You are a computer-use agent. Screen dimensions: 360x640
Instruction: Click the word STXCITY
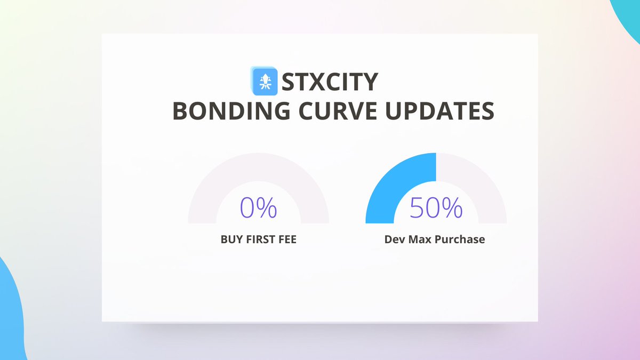coord(330,82)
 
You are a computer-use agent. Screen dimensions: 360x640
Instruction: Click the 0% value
coord(259,208)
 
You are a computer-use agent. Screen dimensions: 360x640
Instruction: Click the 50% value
coord(436,208)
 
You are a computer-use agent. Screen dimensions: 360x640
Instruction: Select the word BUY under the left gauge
coord(231,239)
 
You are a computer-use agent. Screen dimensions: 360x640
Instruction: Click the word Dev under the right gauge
coord(395,239)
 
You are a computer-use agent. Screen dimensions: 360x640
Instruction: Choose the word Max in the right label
coord(421,239)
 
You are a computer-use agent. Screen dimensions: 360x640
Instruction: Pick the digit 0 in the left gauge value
coord(249,208)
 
